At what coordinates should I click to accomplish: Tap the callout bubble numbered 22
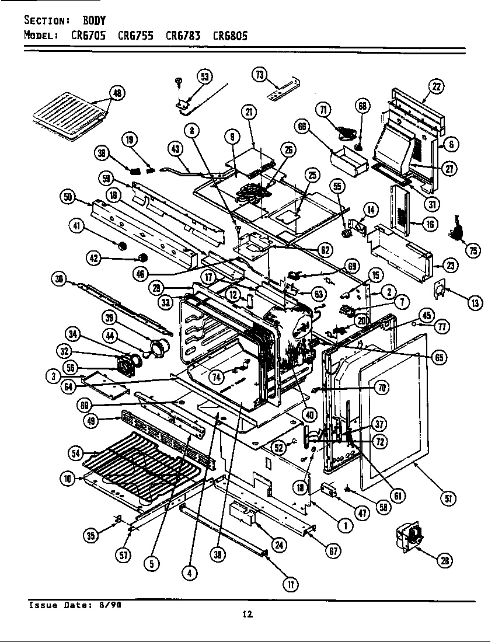coord(436,86)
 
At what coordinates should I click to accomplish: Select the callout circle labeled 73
coord(259,74)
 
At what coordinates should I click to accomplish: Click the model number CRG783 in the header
coord(183,35)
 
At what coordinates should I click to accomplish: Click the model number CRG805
coord(230,35)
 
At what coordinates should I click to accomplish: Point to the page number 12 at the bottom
coord(247,613)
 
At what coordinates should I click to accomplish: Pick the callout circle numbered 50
coord(68,197)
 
